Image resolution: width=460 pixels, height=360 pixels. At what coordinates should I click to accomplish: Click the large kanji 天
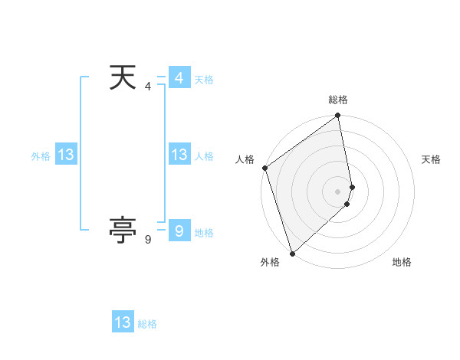123,78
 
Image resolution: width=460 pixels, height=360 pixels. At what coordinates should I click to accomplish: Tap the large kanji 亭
123,230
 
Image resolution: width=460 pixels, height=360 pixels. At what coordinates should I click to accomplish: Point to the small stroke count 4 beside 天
148,87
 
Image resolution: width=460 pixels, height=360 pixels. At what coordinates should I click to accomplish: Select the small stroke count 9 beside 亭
148,240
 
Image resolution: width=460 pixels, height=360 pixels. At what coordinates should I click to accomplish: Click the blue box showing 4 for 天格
179,78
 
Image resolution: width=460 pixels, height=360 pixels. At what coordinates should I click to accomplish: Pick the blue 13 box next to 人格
179,155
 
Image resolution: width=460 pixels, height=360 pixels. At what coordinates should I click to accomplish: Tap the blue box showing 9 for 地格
179,231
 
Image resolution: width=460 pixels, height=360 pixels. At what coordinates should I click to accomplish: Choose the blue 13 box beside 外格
65,155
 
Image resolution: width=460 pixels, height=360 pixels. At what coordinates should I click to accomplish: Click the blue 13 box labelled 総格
123,322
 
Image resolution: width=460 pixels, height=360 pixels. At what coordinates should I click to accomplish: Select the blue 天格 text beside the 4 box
204,80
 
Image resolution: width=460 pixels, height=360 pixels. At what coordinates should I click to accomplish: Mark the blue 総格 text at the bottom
147,324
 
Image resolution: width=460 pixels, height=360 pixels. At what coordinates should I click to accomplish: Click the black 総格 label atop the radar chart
338,100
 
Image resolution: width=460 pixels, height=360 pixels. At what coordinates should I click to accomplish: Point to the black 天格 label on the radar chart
431,159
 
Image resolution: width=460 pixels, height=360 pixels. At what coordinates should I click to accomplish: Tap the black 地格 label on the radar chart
402,262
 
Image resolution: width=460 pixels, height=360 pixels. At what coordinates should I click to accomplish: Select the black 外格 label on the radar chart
270,262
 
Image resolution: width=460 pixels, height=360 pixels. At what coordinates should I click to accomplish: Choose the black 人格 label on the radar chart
245,159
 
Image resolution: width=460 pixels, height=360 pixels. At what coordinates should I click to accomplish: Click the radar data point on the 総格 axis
338,116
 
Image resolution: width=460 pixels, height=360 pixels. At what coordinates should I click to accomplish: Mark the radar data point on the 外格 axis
292,253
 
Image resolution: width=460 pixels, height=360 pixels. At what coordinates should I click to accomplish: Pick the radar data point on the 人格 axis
264,168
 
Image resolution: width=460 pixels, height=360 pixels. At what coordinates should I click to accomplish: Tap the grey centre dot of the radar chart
338,191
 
